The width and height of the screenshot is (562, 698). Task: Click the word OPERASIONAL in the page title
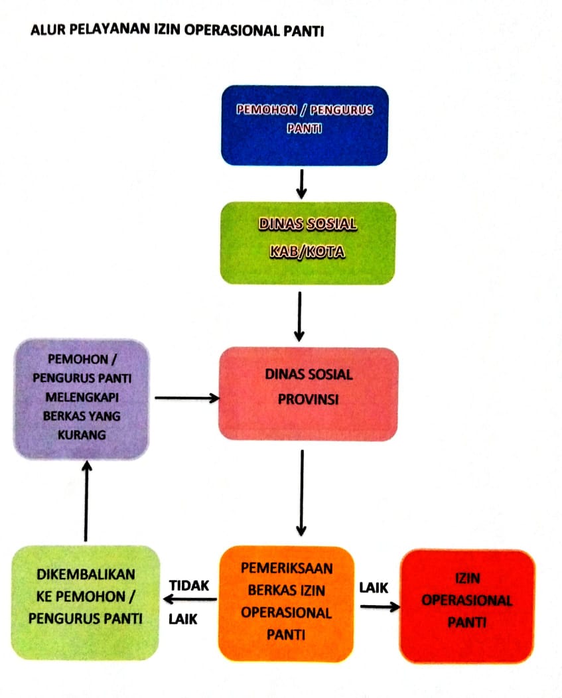pos(232,31)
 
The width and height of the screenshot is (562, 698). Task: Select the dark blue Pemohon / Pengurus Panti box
pos(305,125)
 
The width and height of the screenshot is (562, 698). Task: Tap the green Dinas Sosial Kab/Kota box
pos(308,243)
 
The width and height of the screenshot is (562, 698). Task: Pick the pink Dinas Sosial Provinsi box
pos(308,394)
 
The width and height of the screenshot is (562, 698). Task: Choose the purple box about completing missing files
pos(82,399)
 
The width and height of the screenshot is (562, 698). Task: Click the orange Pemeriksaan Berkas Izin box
pos(287,603)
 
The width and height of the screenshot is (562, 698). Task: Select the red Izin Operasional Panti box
pos(467,606)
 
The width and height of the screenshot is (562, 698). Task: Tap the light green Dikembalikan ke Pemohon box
pos(85,602)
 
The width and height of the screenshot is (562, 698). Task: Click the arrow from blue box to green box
pos(301,184)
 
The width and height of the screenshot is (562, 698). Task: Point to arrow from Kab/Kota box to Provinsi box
pos(300,316)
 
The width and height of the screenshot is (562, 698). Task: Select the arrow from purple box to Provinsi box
pos(187,398)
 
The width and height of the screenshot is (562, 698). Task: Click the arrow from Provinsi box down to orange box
pos(301,493)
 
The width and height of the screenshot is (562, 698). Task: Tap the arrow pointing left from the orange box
pos(190,599)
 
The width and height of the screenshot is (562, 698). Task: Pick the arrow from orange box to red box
pos(380,606)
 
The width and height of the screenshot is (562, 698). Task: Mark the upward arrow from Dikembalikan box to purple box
pos(86,501)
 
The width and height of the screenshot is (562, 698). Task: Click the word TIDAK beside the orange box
pos(189,585)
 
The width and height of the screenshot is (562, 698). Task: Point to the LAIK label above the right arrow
pos(374,588)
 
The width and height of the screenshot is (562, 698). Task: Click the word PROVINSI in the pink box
pos(308,399)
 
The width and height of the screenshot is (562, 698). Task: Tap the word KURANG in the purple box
pos(82,435)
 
